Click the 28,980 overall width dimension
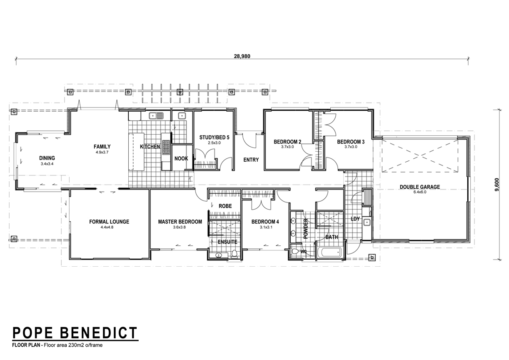[242, 56]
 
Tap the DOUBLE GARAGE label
[420, 187]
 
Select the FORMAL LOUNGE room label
[109, 222]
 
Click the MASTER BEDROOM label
[180, 222]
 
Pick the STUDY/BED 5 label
[214, 137]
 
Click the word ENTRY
[251, 160]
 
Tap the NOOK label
[181, 158]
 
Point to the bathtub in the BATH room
[329, 252]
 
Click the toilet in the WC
[295, 251]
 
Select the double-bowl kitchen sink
[156, 116]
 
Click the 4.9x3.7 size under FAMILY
[102, 152]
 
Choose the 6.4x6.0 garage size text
[420, 192]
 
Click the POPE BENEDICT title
[75, 333]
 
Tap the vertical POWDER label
[306, 228]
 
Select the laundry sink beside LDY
[367, 222]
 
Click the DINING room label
[47, 158]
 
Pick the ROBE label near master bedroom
[225, 206]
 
